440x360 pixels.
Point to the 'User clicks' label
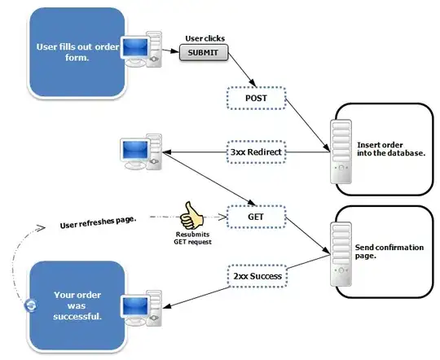205,37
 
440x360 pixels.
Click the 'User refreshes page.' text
99,222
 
